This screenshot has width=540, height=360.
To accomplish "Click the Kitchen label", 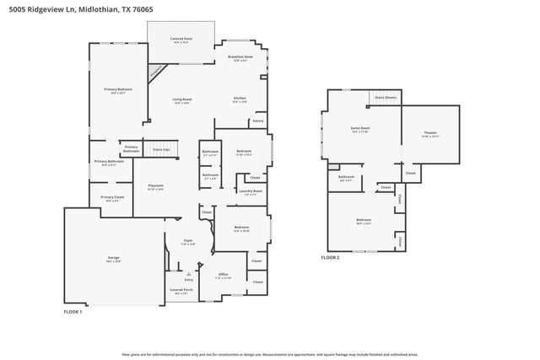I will click(x=240, y=99).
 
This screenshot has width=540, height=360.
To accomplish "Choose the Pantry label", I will click(x=258, y=121).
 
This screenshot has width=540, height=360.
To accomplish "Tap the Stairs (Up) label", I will click(x=160, y=149).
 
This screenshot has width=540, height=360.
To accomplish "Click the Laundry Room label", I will click(x=251, y=191).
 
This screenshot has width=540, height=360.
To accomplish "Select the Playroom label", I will click(x=155, y=185).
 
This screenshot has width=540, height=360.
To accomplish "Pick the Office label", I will click(x=224, y=274).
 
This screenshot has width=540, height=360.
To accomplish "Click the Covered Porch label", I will click(x=180, y=290).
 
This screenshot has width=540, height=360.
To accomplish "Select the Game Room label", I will click(x=360, y=129).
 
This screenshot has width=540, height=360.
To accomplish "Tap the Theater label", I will click(x=430, y=133).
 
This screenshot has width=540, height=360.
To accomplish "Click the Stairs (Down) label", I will click(x=385, y=98).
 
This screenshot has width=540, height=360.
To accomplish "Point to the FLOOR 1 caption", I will click(x=73, y=311).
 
